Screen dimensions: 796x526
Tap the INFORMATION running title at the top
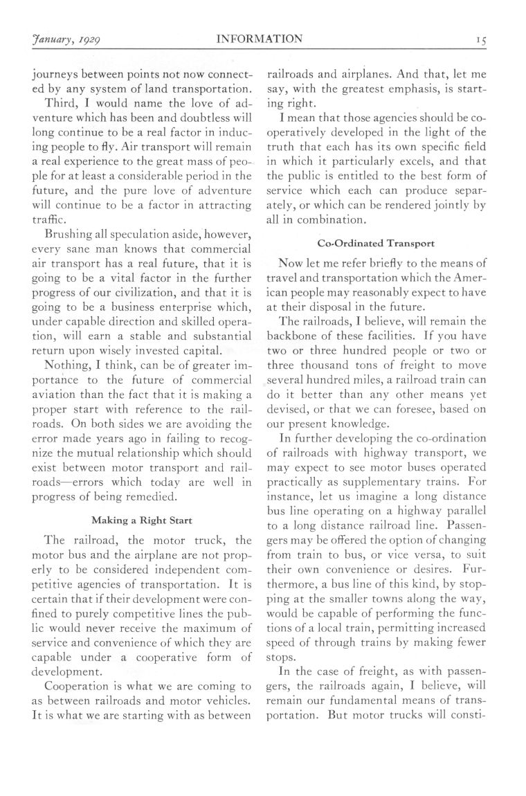pyautogui.click(x=260, y=39)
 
